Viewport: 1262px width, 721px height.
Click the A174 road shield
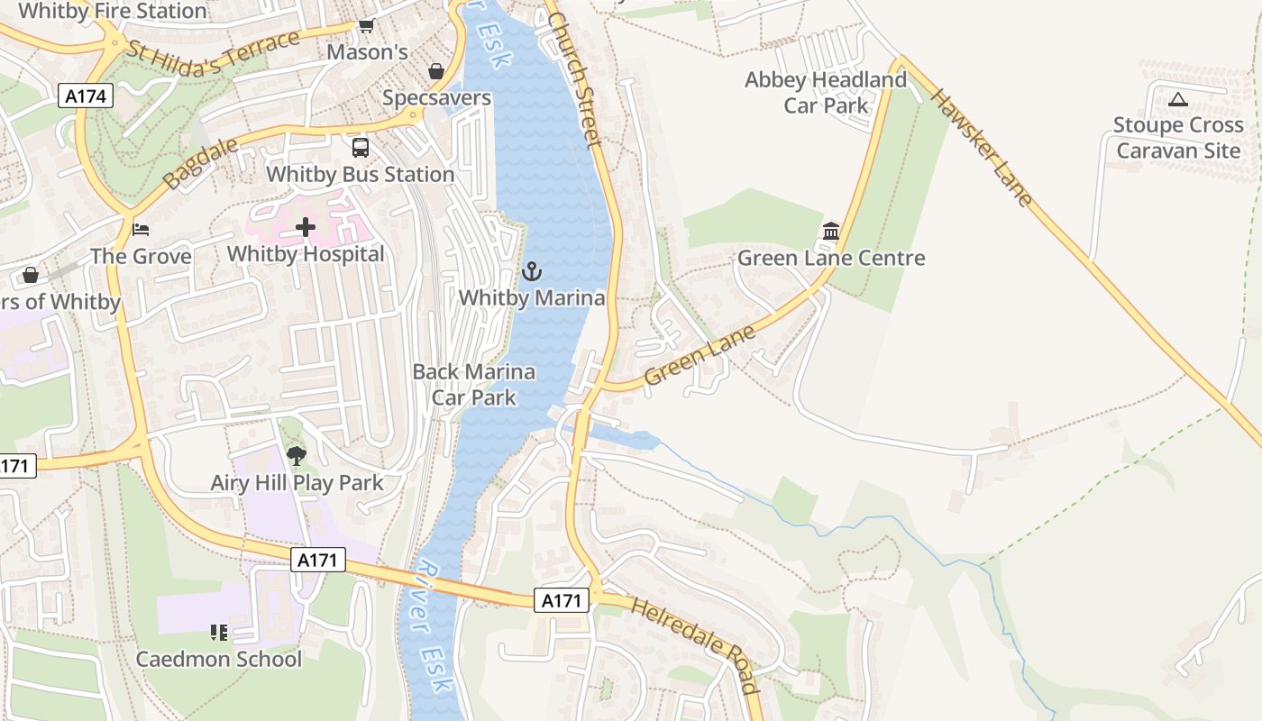pyautogui.click(x=87, y=96)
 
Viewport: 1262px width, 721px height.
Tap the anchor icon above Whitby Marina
pyautogui.click(x=532, y=270)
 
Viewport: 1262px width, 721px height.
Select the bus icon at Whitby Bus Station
pyautogui.click(x=360, y=148)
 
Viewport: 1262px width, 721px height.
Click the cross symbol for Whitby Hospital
pyautogui.click(x=306, y=227)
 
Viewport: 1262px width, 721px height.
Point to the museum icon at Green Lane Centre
pyautogui.click(x=830, y=232)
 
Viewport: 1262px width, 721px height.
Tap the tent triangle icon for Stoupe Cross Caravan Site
pyautogui.click(x=1177, y=99)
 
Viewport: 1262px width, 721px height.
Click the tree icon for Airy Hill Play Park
pyautogui.click(x=296, y=456)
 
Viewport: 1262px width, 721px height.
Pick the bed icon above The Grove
pyautogui.click(x=140, y=230)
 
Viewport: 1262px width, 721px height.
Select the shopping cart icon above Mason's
pyautogui.click(x=366, y=26)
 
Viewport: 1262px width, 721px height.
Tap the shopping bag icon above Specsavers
pyautogui.click(x=436, y=71)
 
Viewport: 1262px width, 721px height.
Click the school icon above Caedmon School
pyautogui.click(x=218, y=633)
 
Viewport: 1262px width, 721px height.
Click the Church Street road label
pyautogui.click(x=573, y=79)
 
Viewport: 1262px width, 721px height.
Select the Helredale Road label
pyautogui.click(x=694, y=645)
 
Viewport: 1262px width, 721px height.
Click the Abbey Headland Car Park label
pyautogui.click(x=825, y=93)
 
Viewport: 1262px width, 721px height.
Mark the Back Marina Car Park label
pyautogui.click(x=473, y=384)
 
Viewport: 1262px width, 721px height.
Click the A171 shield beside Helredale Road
pyautogui.click(x=563, y=600)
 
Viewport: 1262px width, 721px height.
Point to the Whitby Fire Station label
pyautogui.click(x=113, y=11)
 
